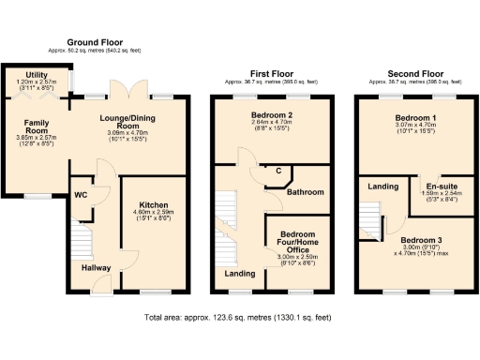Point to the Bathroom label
[305, 191]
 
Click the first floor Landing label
[240, 273]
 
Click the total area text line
[239, 318]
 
